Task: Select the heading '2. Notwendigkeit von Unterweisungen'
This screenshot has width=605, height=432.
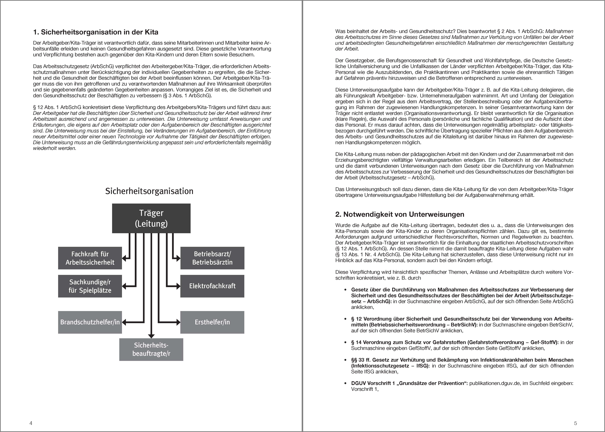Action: (x=400, y=214)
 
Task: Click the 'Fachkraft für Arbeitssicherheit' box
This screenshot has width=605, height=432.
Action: (x=90, y=258)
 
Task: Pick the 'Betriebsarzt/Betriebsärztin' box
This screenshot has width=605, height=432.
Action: (x=212, y=258)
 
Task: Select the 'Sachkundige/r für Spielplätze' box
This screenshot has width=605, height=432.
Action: (x=90, y=286)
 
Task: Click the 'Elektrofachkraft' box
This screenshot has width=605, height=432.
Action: (x=212, y=286)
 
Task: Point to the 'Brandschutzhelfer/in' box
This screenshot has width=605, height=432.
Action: (x=90, y=322)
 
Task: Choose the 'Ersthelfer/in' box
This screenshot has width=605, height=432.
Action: (x=212, y=322)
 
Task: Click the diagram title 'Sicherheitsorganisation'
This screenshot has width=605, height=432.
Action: (x=149, y=191)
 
